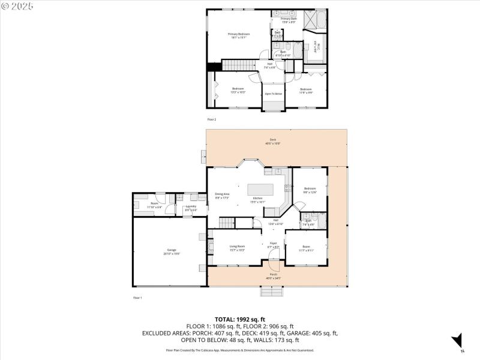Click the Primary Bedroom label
pos(239,34)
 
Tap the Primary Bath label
pos(289,20)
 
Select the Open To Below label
pos(274,94)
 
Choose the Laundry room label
pos(191,207)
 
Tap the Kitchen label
pos(257,199)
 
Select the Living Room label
pos(237,247)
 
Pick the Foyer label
pos(272,245)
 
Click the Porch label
pos(273,276)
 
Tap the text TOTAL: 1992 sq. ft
pos(239,319)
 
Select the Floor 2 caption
pos(211,120)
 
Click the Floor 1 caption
pos(137,298)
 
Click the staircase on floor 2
pos(239,65)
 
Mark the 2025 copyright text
pos(18,6)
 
